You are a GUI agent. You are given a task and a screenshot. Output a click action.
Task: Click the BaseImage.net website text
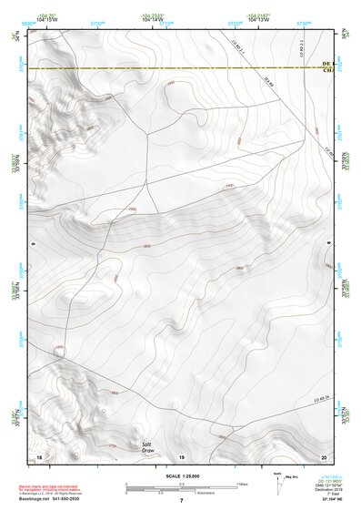[56, 500]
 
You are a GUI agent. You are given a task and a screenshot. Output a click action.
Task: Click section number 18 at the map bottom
[39, 455]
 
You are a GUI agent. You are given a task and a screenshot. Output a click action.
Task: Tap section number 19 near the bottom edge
[181, 455]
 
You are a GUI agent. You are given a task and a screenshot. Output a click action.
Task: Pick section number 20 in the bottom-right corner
[322, 455]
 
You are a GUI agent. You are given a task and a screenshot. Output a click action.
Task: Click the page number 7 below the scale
[182, 502]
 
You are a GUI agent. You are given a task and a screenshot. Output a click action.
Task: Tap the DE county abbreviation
[327, 64]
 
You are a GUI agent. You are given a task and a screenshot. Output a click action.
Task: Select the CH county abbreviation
[327, 71]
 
